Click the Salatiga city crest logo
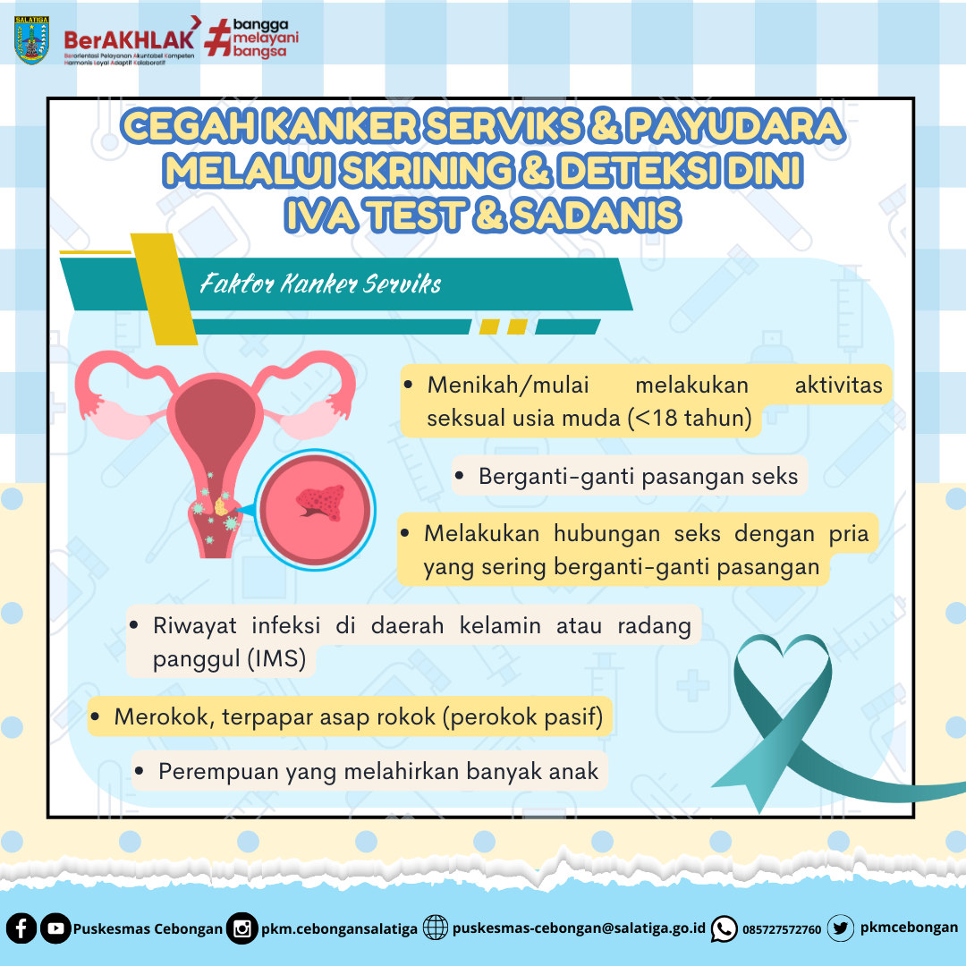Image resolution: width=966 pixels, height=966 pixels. click(31, 40)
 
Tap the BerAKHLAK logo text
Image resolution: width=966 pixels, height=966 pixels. click(129, 40)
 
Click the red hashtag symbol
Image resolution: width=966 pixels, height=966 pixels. click(218, 38)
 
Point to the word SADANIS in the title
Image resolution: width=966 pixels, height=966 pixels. click(597, 215)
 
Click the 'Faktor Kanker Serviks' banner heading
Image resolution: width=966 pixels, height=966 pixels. click(320, 284)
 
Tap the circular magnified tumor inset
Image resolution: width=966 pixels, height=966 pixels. click(315, 510)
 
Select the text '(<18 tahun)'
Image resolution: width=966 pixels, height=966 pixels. click(690, 418)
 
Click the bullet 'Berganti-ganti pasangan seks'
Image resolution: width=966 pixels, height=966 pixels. click(629, 476)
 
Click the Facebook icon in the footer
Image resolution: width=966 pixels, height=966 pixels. click(21, 928)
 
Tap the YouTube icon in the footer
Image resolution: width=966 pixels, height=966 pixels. click(55, 928)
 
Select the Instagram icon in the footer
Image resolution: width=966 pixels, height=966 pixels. click(241, 928)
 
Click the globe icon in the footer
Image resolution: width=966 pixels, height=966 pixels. click(435, 928)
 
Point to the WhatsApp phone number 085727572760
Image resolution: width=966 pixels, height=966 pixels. click(782, 929)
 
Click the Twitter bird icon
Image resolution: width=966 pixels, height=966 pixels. click(840, 928)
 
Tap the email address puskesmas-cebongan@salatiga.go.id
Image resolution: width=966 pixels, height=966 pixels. click(579, 928)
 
